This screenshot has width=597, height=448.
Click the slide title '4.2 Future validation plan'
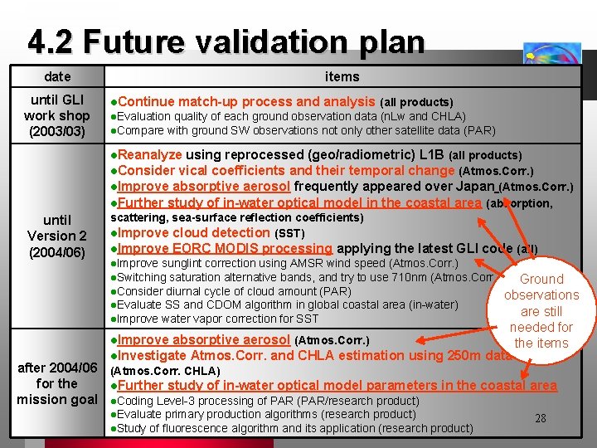tap(226, 41)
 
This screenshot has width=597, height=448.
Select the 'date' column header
tap(57, 76)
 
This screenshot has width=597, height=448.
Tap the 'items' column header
tap(342, 76)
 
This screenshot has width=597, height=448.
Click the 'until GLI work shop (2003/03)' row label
tap(57, 115)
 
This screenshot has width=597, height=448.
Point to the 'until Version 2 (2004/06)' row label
tap(57, 236)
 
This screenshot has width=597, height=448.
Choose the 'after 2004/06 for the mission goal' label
tap(57, 383)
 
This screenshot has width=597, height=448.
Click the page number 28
tap(540, 418)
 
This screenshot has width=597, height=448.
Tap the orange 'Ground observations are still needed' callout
tap(541, 310)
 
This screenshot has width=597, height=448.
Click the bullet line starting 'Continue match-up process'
tap(282, 101)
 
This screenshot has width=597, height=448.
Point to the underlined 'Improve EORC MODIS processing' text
tap(225, 248)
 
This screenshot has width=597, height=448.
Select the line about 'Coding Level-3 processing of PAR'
tap(265, 401)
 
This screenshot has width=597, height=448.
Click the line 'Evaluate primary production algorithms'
tap(265, 414)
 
